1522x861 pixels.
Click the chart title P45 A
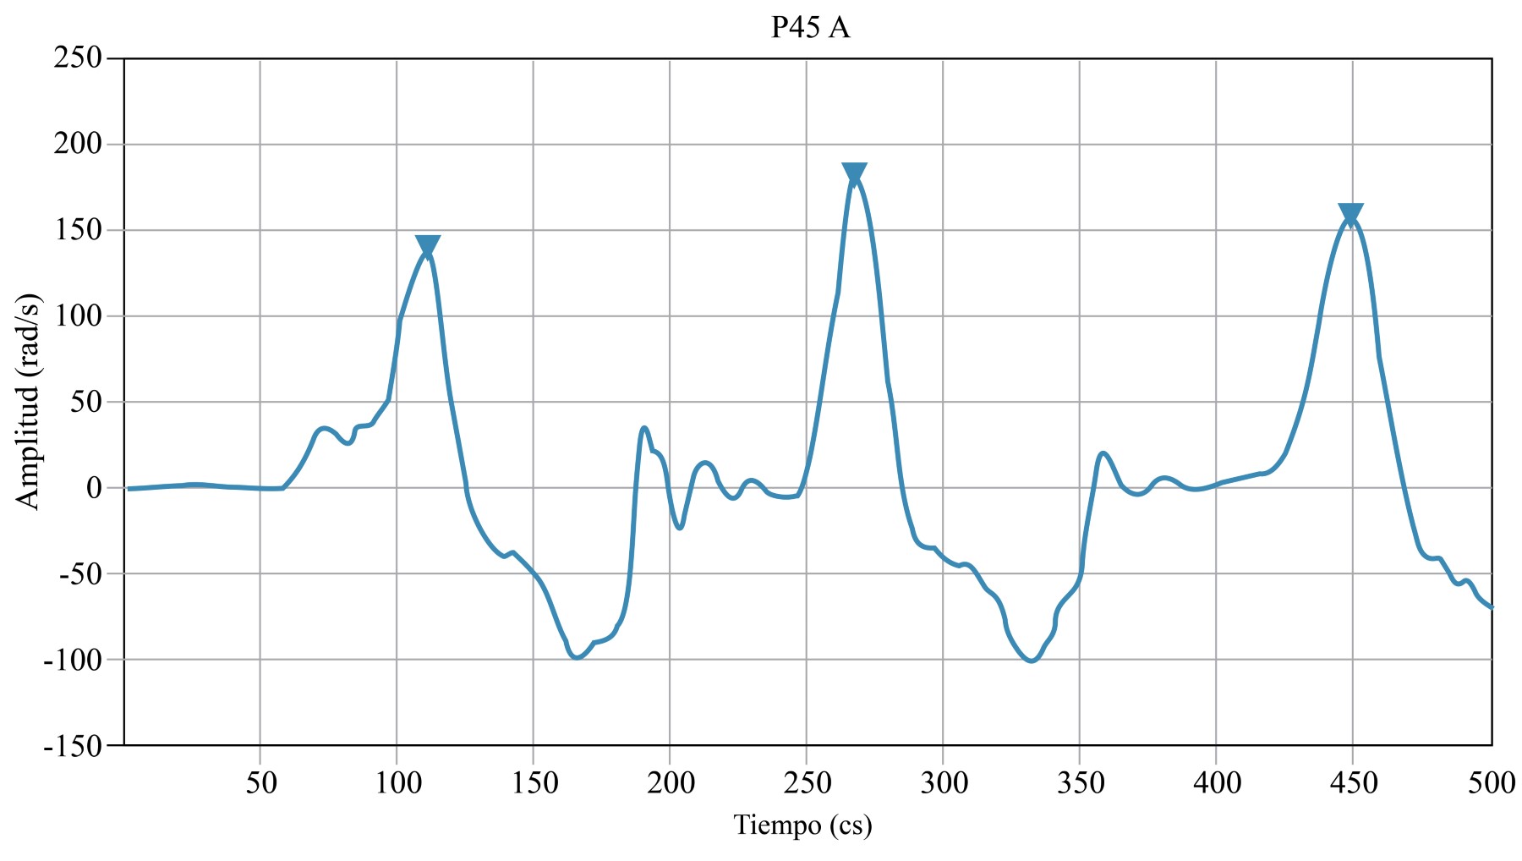coord(810,28)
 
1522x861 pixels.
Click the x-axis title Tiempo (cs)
coord(802,825)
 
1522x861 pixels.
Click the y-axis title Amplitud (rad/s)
coord(28,402)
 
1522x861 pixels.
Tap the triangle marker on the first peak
coord(428,247)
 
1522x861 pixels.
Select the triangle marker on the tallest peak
coord(855,174)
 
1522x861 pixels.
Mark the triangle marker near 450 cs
coord(1350,215)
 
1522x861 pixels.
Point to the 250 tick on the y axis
coord(78,58)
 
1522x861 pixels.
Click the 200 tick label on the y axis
coord(78,145)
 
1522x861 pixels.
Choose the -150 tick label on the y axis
coord(72,746)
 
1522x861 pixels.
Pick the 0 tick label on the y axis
coord(93,488)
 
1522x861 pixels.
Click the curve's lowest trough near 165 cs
coord(577,657)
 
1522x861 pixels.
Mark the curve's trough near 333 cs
coord(1032,661)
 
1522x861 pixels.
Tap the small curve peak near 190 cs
coord(644,428)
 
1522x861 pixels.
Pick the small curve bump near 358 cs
coord(1103,453)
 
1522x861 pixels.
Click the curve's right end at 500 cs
coord(1491,606)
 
